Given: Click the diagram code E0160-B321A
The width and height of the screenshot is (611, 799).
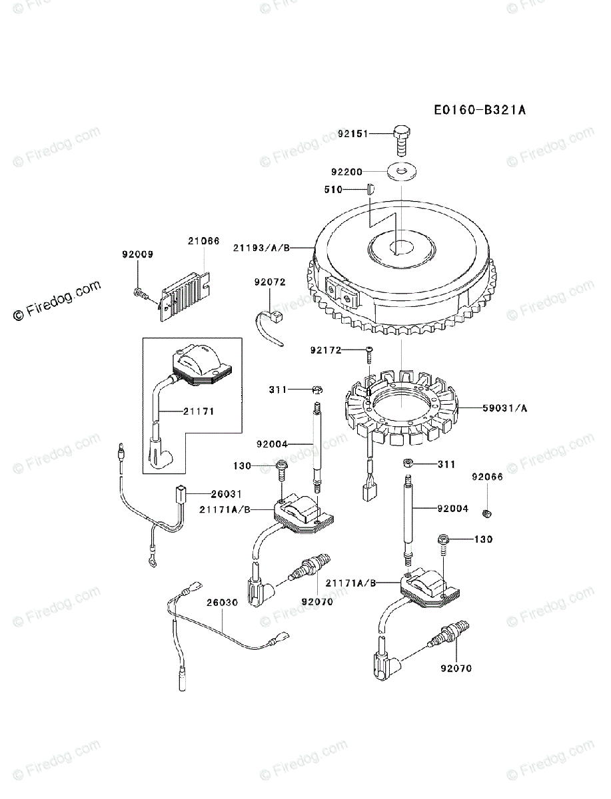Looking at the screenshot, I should click(x=480, y=110).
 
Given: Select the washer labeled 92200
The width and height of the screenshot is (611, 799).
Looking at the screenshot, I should click(x=401, y=172).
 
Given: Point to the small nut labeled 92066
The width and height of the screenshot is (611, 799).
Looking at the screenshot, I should click(x=486, y=511).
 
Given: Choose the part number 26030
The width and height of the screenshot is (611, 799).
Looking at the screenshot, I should click(x=222, y=602).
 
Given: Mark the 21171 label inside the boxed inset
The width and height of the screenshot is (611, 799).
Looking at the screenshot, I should click(x=199, y=412).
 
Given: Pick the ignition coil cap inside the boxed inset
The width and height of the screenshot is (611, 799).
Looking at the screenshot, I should click(x=201, y=363).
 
